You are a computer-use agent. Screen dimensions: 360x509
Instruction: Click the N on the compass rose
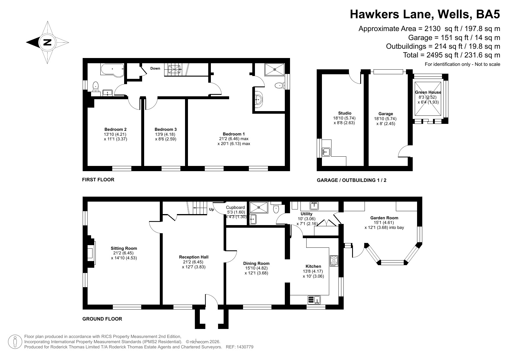click(47, 42)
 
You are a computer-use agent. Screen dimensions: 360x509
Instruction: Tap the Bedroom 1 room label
click(233, 134)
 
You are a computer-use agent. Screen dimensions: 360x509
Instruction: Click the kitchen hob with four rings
click(334, 261)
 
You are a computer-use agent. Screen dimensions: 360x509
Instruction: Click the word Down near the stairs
click(155, 68)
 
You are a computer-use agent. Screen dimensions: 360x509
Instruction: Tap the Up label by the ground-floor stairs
click(212, 209)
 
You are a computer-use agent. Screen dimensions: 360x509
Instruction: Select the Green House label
click(428, 92)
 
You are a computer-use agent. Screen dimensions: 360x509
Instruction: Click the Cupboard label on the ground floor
click(235, 207)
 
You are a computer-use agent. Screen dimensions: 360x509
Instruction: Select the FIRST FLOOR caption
click(98, 180)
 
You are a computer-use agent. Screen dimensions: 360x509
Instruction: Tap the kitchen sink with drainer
click(314, 300)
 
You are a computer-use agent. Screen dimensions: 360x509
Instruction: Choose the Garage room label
click(385, 114)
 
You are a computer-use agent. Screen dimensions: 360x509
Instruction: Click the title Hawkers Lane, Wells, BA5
click(425, 14)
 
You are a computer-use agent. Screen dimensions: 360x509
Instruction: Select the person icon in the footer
click(15, 342)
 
